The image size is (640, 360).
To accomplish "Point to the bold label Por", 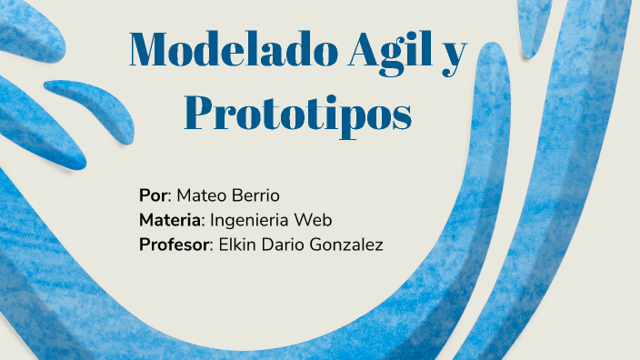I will coord(153,195).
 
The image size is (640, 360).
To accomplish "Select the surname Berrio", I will coord(255,195).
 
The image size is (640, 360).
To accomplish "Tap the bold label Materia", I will coord(172,220).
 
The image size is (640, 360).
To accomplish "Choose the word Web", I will coord(315,220).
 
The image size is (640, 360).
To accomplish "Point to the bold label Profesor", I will coord(175,245).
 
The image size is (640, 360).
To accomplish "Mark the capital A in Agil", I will coord(362,51).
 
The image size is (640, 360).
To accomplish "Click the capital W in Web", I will coord(304,220).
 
